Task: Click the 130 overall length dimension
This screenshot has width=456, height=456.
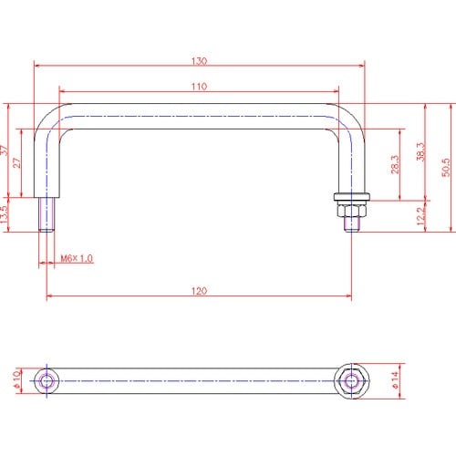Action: pos(199,61)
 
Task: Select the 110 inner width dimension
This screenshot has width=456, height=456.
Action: pos(199,87)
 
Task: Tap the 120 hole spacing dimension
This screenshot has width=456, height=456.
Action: pos(199,291)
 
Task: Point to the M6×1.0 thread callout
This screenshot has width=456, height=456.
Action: pos(77,258)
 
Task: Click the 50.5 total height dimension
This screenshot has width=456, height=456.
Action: pos(446,167)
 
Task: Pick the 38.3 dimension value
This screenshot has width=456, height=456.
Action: pos(420,151)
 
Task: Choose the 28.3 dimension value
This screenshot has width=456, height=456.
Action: pos(395,164)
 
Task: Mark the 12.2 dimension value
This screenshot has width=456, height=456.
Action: pos(420,216)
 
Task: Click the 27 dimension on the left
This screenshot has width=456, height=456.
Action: pos(17,163)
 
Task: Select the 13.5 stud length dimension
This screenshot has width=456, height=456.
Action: pos(4,214)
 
